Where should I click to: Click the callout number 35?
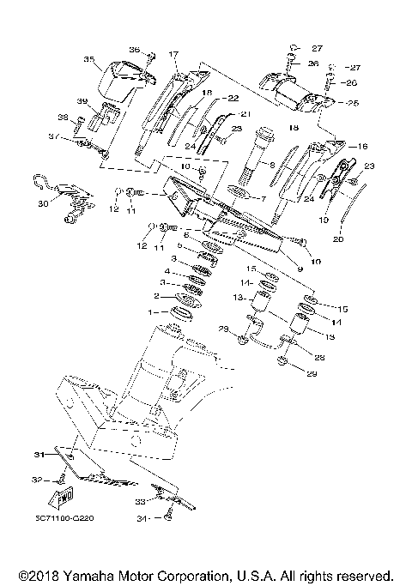tap(88, 59)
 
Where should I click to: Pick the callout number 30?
tap(42, 204)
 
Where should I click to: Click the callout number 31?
tap(38, 454)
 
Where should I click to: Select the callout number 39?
tap(82, 101)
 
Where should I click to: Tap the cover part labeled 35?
tap(116, 82)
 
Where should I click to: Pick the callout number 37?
tap(52, 136)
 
